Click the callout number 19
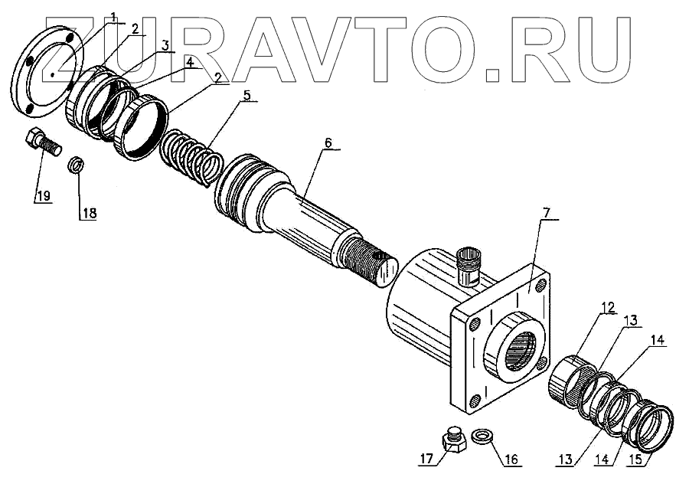click(x=42, y=197)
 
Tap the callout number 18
click(x=90, y=214)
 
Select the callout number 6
click(x=328, y=143)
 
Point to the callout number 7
click(x=547, y=212)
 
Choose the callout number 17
click(x=426, y=459)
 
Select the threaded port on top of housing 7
click(x=469, y=265)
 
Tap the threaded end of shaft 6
click(x=367, y=260)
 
